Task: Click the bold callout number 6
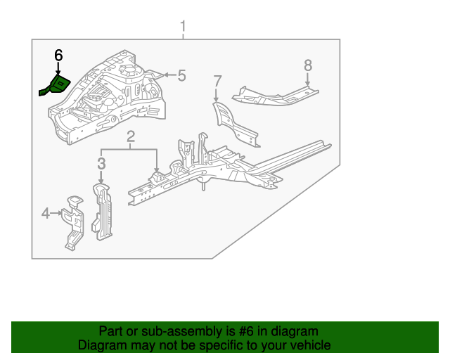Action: click(58, 55)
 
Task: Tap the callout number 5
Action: click(181, 75)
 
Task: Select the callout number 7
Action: click(217, 81)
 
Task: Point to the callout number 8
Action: click(307, 65)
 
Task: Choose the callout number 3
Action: click(101, 164)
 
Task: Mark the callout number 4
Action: click(45, 212)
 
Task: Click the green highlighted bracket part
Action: click(56, 86)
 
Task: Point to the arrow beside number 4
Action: click(56, 212)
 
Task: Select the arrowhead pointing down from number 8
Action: click(307, 84)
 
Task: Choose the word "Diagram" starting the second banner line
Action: click(101, 345)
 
